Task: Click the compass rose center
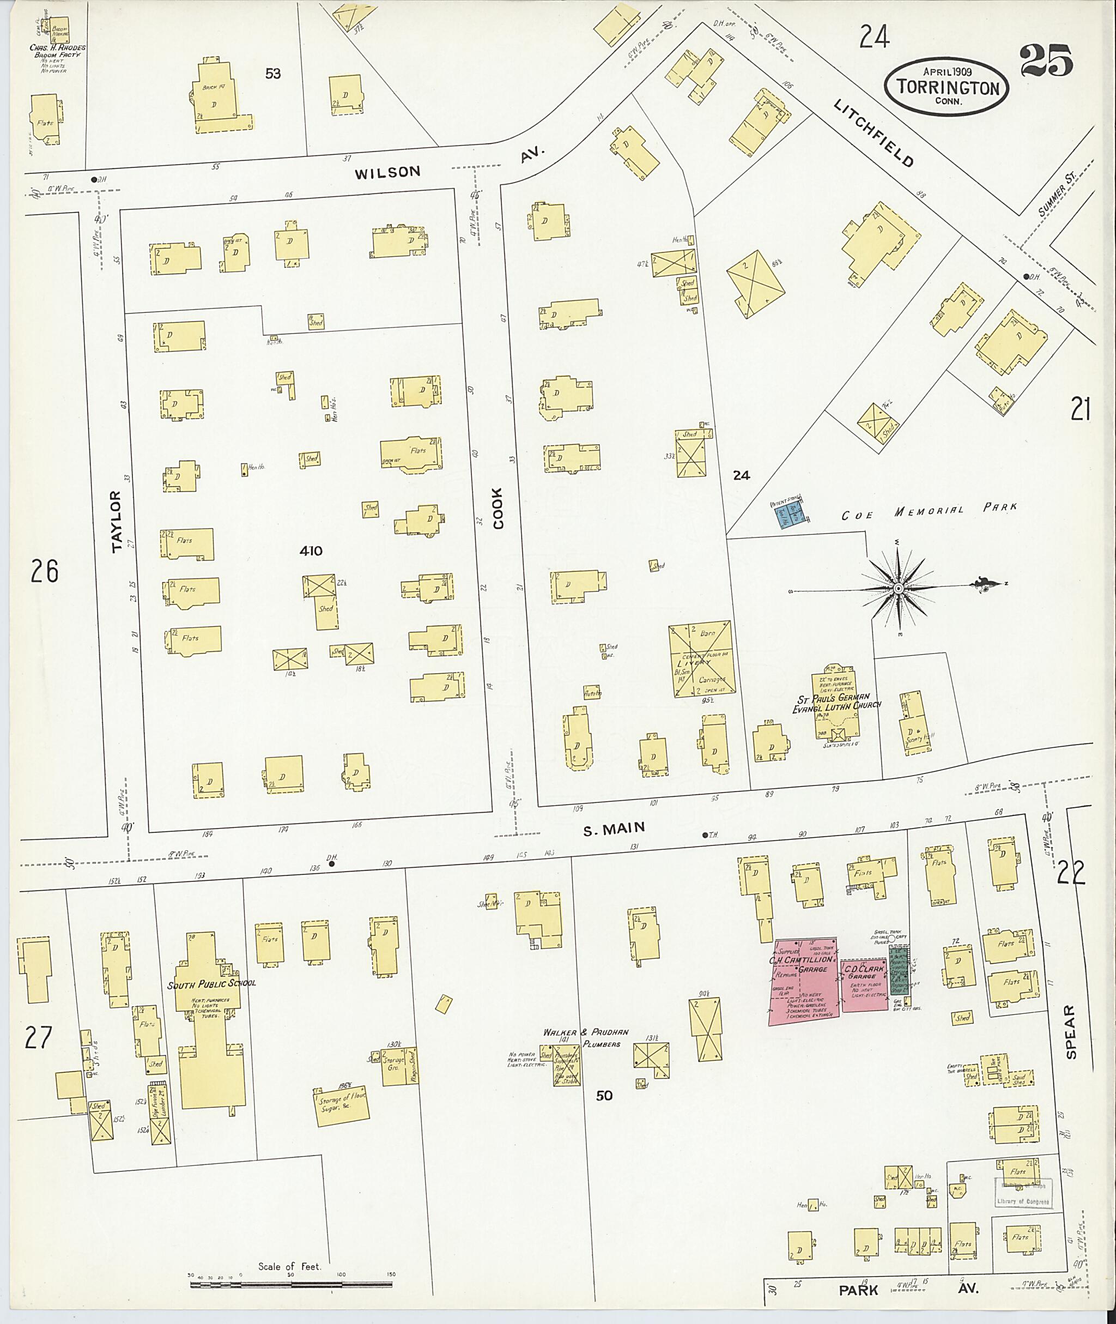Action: coord(897,589)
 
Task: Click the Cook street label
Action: coord(498,507)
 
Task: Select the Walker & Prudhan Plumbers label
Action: coord(581,1038)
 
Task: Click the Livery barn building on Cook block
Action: coord(701,660)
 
